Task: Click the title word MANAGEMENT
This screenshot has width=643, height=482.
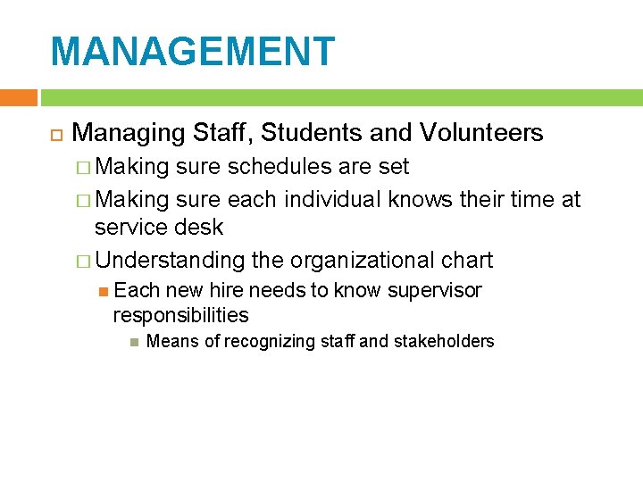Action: (193, 52)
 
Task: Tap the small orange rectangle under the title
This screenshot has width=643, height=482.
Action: (18, 97)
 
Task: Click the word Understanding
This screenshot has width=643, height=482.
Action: (170, 261)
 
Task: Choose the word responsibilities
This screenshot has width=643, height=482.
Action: (180, 315)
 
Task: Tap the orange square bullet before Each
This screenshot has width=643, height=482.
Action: (104, 291)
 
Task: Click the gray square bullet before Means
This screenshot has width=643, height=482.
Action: (132, 341)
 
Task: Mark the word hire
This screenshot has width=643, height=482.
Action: (227, 291)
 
